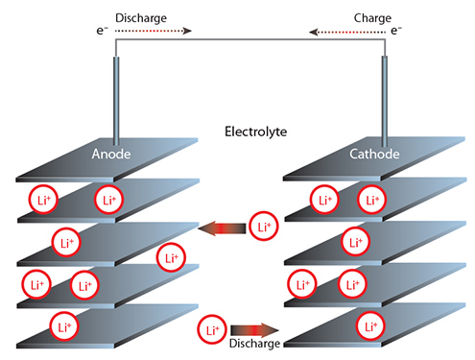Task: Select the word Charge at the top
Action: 344,18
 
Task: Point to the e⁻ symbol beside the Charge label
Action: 395,31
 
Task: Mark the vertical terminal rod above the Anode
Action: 117,96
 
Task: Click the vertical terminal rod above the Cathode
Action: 386,96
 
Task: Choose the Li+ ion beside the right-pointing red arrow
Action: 212,330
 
